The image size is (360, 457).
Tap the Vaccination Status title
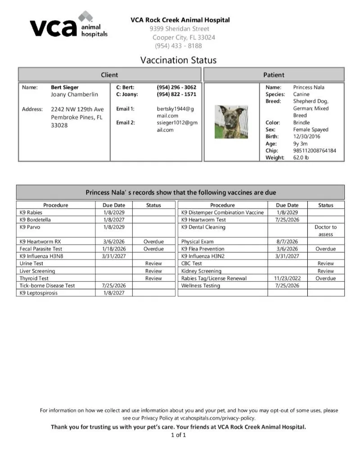click(x=178, y=60)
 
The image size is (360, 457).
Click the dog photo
click(x=231, y=121)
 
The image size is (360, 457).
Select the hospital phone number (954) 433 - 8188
click(x=178, y=45)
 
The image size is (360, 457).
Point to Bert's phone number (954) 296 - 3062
click(x=176, y=87)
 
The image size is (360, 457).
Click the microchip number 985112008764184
click(x=315, y=151)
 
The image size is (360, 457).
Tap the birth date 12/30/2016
click(x=307, y=136)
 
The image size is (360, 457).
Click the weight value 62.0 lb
click(x=301, y=158)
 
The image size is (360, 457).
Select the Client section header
click(x=109, y=75)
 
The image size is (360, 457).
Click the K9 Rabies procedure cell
click(x=30, y=212)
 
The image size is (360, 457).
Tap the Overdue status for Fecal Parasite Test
click(x=153, y=249)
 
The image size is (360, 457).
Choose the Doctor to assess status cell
click(x=325, y=231)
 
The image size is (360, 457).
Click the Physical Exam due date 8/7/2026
click(x=287, y=242)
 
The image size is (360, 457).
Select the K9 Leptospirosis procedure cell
click(x=39, y=293)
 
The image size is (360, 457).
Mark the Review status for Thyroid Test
click(x=153, y=278)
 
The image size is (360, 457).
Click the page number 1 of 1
click(x=178, y=435)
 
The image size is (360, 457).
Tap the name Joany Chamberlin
click(x=74, y=94)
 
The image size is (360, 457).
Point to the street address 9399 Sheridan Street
click(x=180, y=29)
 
